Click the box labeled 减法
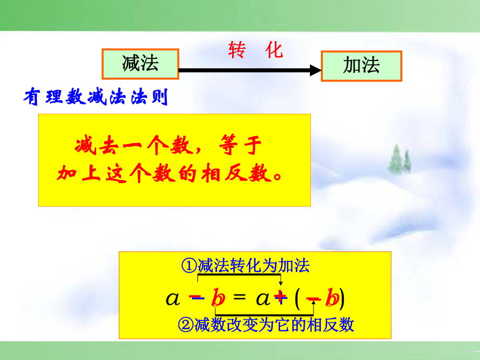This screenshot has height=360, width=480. coord(140,64)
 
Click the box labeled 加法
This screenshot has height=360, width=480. coord(361,66)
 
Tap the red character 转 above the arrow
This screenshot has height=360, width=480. coord(237,51)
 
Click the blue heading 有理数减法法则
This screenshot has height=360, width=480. coord(96,98)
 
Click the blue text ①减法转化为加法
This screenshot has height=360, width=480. coord(245,267)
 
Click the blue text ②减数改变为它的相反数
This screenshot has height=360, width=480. coord(266,325)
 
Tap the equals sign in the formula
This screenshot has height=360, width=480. coord(239,297)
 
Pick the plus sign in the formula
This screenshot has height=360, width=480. coord(280,297)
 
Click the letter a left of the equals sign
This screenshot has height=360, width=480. coord(172,298)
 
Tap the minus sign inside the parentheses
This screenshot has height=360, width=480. coord(313,299)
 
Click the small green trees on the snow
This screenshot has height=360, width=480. coord(400,159)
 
